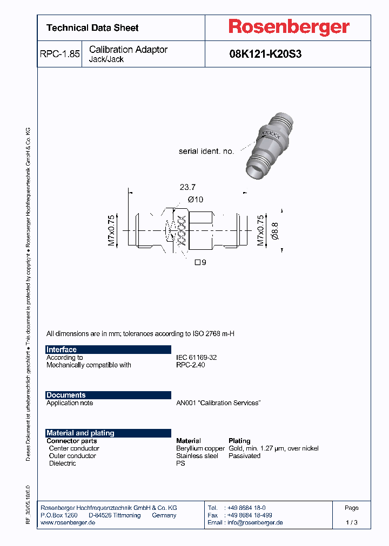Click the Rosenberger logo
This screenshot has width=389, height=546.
(x=289, y=28)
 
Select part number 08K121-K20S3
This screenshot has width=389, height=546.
(x=265, y=54)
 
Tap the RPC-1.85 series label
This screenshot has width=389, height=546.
(x=59, y=54)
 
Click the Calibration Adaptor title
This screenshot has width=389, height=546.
(x=128, y=50)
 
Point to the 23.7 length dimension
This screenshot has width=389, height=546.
(x=187, y=187)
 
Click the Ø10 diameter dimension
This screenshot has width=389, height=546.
(x=195, y=200)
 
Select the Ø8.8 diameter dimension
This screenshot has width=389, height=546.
(x=274, y=230)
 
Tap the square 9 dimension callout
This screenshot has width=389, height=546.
(x=200, y=263)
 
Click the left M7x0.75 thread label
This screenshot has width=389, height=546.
(x=111, y=230)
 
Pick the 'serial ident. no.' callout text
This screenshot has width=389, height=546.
(x=206, y=152)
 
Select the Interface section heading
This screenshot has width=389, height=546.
(x=62, y=350)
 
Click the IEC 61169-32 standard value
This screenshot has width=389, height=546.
(x=196, y=358)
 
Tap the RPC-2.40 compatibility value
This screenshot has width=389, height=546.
(x=191, y=365)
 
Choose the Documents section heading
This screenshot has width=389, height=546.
(x=66, y=395)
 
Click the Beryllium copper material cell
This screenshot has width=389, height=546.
(x=200, y=448)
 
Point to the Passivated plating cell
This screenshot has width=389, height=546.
(x=244, y=456)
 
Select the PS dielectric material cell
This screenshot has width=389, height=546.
(x=180, y=463)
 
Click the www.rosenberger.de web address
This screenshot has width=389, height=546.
(x=68, y=523)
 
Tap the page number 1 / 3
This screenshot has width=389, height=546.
(x=351, y=523)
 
